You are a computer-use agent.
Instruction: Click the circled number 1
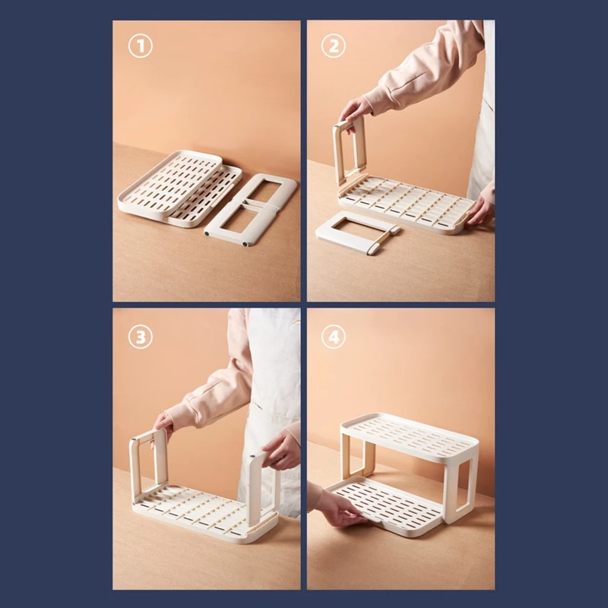(141, 46)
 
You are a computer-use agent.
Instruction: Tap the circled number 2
(334, 46)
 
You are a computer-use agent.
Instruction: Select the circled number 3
(141, 337)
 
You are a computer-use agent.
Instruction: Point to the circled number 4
(334, 337)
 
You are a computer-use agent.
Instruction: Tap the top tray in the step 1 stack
(169, 182)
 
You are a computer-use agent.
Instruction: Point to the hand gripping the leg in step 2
(355, 110)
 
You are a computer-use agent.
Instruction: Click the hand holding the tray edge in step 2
(481, 211)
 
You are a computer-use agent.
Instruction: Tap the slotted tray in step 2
(405, 204)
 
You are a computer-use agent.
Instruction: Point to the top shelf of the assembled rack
(410, 437)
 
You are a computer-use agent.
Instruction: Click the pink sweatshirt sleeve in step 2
(426, 74)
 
